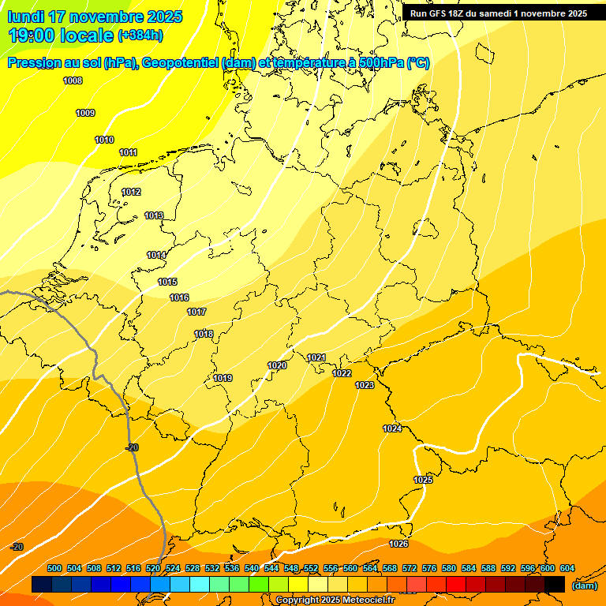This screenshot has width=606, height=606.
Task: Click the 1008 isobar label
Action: (x=73, y=80)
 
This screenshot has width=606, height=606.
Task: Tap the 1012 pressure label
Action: (x=131, y=193)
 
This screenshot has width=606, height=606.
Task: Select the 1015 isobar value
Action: (x=167, y=282)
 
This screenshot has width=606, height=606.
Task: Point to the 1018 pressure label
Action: (x=204, y=335)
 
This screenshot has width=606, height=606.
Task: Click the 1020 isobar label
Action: (x=277, y=365)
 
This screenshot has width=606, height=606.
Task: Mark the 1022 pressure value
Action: (x=342, y=373)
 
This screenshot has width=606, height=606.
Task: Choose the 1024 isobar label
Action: (x=392, y=428)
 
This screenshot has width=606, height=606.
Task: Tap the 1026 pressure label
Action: (x=398, y=544)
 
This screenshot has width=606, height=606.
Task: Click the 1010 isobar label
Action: (x=104, y=140)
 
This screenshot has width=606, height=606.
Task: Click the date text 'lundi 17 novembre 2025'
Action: (x=95, y=17)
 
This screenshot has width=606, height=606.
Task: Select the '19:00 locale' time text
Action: (x=61, y=35)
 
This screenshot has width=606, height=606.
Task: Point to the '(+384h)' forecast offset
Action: (x=140, y=36)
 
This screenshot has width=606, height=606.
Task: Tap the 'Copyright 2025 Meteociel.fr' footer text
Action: (x=335, y=600)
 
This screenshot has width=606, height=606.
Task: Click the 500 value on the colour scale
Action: (x=54, y=568)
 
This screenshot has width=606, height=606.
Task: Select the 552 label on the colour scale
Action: (x=311, y=568)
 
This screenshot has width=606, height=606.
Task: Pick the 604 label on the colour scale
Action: (x=567, y=568)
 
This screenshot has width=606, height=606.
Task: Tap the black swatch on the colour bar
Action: (x=555, y=584)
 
